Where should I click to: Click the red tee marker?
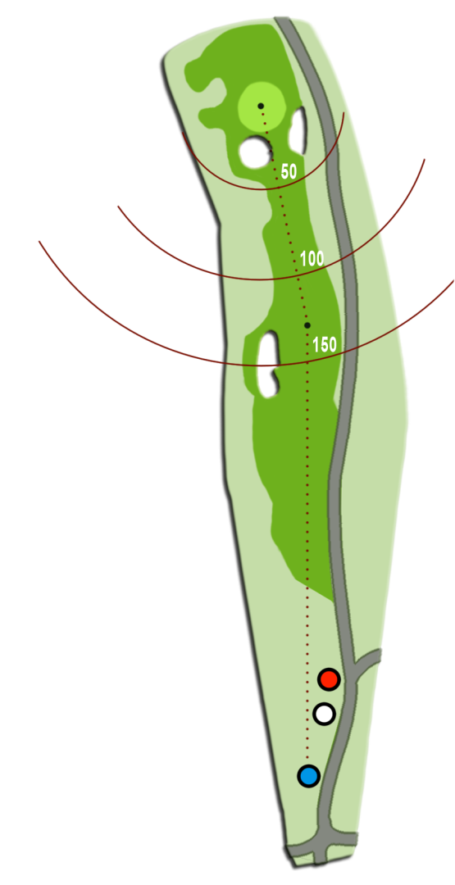click(328, 679)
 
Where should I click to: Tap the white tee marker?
click(324, 714)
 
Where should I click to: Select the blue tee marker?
click(309, 776)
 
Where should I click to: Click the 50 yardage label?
click(289, 171)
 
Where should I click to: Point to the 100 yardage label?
click(312, 259)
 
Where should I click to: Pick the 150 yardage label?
click(325, 344)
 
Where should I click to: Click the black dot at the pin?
click(261, 106)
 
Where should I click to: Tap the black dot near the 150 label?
click(307, 325)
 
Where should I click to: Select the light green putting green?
click(260, 107)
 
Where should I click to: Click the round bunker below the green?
click(255, 152)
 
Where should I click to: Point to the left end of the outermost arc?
click(39, 242)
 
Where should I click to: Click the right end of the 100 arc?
click(424, 160)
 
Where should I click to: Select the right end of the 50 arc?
click(344, 112)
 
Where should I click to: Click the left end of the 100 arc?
click(118, 206)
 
